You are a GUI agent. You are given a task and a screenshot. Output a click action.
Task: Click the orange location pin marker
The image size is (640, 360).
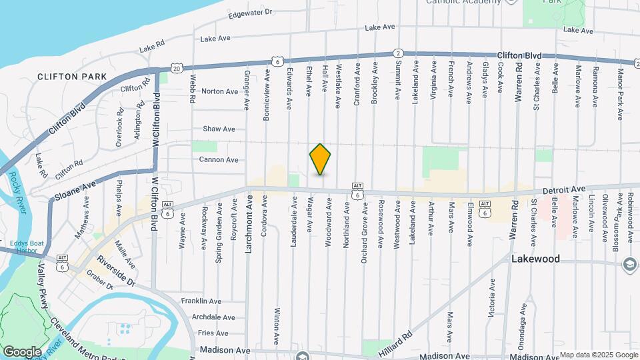[320, 159]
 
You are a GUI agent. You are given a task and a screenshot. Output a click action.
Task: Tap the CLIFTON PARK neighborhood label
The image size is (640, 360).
[73, 77]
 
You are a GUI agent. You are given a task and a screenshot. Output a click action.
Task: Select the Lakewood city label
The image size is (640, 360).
[535, 259]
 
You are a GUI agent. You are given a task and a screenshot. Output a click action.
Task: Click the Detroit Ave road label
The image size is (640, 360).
[563, 191]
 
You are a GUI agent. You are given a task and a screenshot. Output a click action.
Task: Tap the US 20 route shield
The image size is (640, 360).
[176, 68]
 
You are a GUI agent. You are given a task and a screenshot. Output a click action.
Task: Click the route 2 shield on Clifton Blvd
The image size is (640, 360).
[397, 53]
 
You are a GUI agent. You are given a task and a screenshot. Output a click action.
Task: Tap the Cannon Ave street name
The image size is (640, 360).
[218, 160]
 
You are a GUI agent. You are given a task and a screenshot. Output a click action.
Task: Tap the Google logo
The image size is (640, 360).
[22, 351]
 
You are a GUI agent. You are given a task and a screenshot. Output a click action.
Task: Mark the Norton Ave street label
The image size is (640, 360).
[219, 91]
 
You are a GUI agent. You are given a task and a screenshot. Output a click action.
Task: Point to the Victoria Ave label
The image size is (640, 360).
[492, 297]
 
